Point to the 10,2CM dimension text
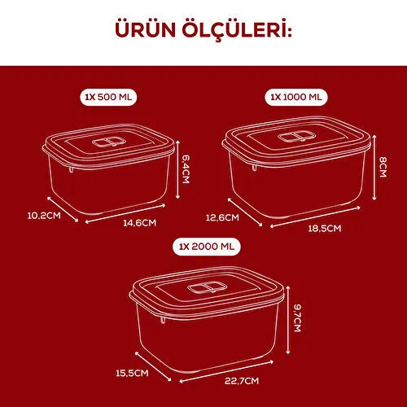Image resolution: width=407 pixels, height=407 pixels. point(43,216)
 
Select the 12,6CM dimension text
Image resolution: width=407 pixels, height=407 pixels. point(222,217)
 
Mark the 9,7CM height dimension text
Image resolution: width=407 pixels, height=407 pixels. point(298,313)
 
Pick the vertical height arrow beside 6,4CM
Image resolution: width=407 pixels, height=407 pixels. point(177,169)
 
